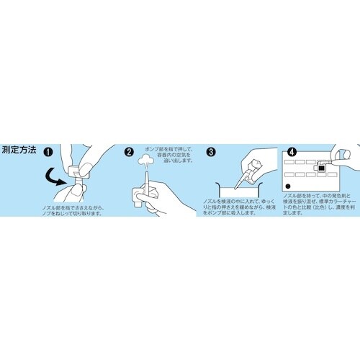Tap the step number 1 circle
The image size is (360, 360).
[48, 153]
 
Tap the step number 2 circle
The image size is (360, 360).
[130, 153]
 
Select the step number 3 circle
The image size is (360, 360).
[211, 153]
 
